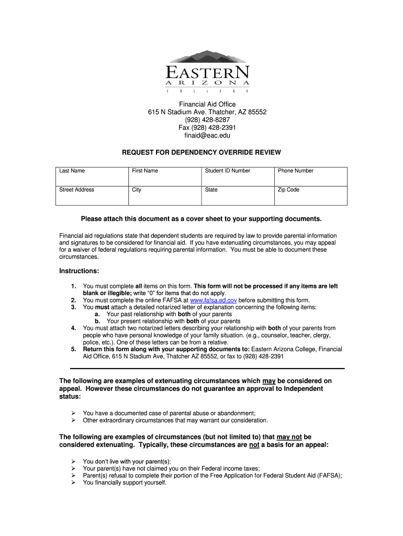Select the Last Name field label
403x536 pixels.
72,171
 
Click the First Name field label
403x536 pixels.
144,171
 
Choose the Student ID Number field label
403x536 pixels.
227,171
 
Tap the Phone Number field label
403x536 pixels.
296,171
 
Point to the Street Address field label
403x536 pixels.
76,189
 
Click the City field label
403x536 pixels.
137,189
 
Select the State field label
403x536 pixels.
211,189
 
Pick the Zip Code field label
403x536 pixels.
288,189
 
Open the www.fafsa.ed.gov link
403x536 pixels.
214,300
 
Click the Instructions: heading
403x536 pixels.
79,271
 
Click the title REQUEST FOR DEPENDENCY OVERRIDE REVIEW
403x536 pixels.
201,152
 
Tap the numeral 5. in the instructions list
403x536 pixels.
73,349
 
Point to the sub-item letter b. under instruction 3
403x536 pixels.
97,321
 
